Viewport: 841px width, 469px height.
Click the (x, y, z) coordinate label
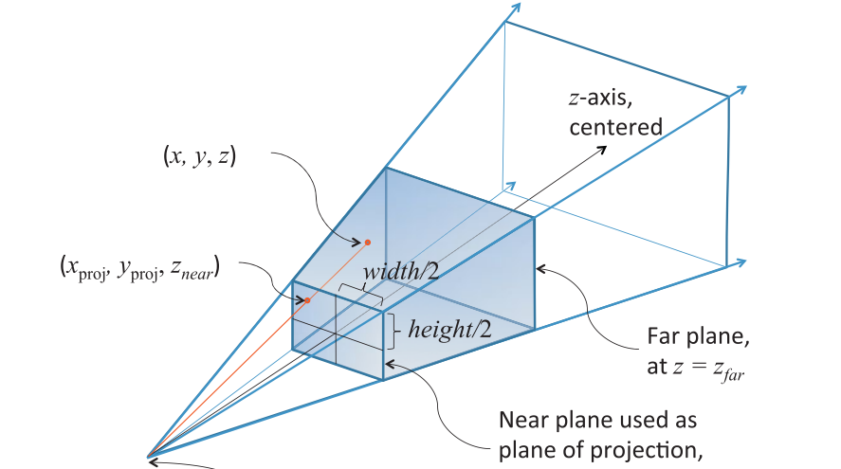tap(199, 156)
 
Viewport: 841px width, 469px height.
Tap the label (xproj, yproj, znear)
tap(139, 268)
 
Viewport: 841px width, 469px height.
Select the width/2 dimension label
tap(401, 272)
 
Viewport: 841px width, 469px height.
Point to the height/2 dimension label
tap(449, 329)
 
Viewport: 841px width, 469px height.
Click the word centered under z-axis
tap(615, 128)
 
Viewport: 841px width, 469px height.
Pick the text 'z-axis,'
tap(600, 99)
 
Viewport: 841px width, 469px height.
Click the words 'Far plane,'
tap(699, 336)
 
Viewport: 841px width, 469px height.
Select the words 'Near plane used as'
tap(597, 420)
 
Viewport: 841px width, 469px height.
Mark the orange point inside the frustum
tap(368, 243)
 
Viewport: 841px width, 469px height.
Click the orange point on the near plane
tap(307, 300)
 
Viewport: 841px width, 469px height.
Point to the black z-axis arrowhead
tap(602, 149)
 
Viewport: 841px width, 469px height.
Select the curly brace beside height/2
tap(393, 332)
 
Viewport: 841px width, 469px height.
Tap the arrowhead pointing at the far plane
tap(540, 268)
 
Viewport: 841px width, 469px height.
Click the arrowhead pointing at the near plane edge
tap(390, 365)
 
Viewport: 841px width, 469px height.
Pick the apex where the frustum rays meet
tap(148, 457)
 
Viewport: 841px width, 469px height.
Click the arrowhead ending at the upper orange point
tap(357, 243)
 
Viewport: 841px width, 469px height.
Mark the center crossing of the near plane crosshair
tap(337, 334)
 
